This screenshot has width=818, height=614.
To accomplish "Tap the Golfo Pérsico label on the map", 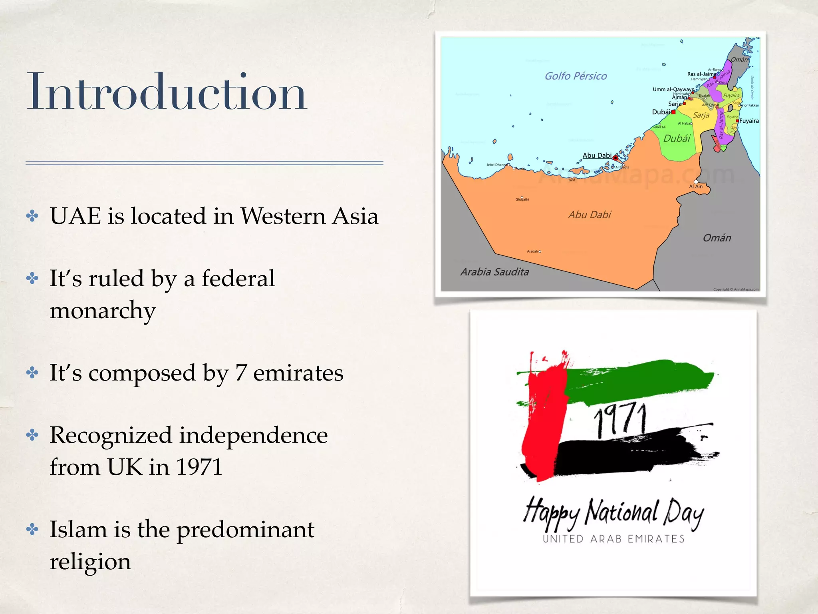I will (576, 76).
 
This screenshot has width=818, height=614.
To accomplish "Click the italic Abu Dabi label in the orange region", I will (590, 215).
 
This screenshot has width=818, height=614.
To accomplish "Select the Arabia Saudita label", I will (494, 272).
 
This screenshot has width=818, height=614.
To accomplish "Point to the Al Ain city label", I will (696, 187).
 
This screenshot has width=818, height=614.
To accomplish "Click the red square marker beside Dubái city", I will (673, 112).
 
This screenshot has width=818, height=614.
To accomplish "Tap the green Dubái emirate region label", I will (677, 139).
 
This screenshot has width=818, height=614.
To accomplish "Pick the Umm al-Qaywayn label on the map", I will (673, 89).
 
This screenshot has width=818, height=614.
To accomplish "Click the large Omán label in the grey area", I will (717, 238).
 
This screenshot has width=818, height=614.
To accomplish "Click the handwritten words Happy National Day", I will (613, 513).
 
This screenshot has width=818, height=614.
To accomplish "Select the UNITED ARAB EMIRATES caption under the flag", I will (613, 539).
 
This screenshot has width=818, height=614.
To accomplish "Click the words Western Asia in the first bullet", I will (309, 216).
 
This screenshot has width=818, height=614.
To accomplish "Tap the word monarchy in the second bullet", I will (103, 310).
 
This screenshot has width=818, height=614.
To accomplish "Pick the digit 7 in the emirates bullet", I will (241, 373).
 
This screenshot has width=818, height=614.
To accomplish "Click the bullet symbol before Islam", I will (32, 530).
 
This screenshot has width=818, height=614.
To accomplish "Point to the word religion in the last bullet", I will (90, 561).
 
